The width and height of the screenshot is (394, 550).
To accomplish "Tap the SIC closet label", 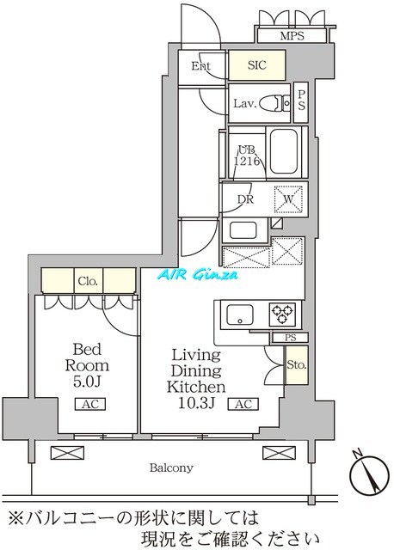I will coord(256,65).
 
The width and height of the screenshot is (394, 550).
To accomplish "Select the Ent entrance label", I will coord(201,65).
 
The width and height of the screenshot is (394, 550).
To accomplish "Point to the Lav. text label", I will coord(243,104).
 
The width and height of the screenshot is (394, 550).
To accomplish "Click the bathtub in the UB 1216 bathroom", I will coord(282,151).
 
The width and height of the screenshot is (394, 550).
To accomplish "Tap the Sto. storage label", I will coord(295,364).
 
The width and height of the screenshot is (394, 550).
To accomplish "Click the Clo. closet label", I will coord(89,281).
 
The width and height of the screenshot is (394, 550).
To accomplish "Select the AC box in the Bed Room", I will coord(89,404).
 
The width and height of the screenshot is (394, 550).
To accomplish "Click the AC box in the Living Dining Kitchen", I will coord(243,404).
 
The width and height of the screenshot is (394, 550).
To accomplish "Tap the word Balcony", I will coord(175,468).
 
